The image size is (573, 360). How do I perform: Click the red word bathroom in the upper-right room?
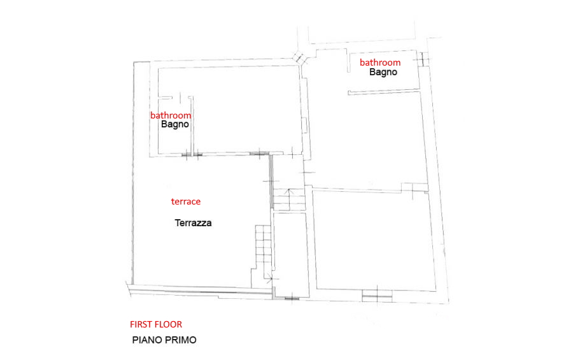pyautogui.click(x=380, y=62)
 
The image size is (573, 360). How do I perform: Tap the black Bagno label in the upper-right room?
pyautogui.click(x=383, y=72)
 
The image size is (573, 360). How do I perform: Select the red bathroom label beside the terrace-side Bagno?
pyautogui.click(x=171, y=115)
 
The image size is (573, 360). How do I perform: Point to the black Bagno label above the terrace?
pyautogui.click(x=174, y=124)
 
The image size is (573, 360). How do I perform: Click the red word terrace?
pyautogui.click(x=186, y=201)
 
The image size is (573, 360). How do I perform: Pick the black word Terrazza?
pyautogui.click(x=193, y=223)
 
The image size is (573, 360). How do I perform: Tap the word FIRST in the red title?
pyautogui.click(x=141, y=324)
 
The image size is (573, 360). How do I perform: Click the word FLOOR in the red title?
pyautogui.click(x=169, y=324)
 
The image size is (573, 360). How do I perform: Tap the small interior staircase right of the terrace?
pyautogui.click(x=290, y=199)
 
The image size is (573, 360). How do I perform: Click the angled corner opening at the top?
pyautogui.click(x=300, y=58)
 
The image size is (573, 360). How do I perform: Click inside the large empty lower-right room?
pyautogui.click(x=374, y=240)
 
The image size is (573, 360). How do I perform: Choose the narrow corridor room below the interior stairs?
pyautogui.click(x=291, y=254)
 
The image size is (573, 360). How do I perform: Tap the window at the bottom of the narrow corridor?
pyautogui.click(x=292, y=299)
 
